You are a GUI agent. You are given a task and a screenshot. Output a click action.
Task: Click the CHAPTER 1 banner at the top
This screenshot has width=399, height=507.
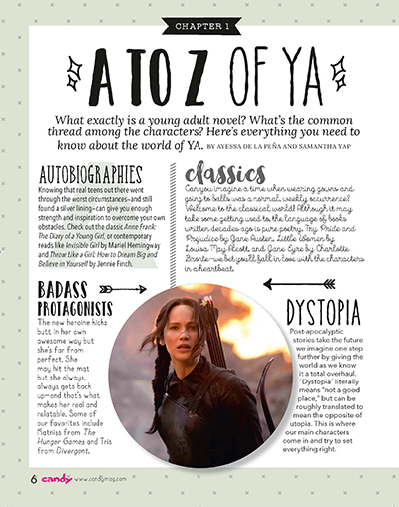[x=199, y=23]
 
